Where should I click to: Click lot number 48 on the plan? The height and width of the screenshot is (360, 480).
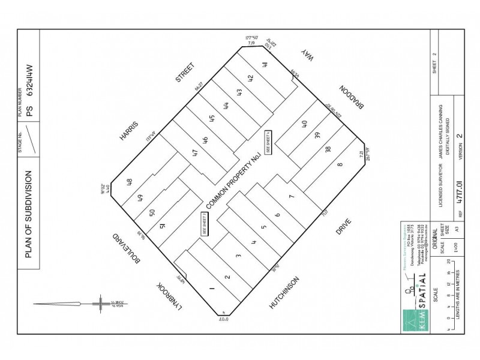pyautogui.click(x=130, y=182)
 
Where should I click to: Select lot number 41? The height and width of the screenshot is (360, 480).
pyautogui.click(x=264, y=65)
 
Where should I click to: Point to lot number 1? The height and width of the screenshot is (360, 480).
pyautogui.click(x=212, y=288)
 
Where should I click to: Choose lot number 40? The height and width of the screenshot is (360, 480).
pyautogui.click(x=304, y=124)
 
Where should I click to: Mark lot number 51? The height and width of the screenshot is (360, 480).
pyautogui.click(x=163, y=226)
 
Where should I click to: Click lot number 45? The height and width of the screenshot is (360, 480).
pyautogui.click(x=212, y=118)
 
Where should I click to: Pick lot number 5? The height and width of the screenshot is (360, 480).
pyautogui.click(x=263, y=228)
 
